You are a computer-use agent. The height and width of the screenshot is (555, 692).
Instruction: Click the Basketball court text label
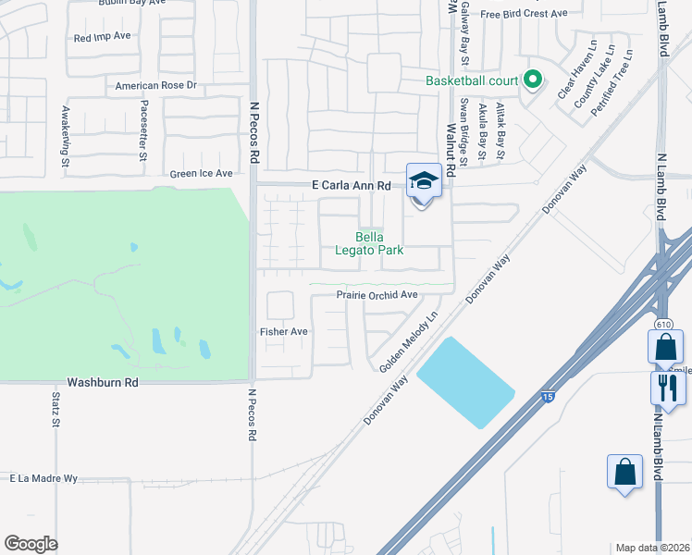click(x=471, y=80)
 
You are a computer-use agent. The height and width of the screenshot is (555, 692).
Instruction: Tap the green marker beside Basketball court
click(x=532, y=80)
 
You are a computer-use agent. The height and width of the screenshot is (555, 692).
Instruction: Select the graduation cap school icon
click(x=424, y=180)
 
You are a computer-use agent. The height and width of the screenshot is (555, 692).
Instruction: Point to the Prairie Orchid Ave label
click(x=377, y=295)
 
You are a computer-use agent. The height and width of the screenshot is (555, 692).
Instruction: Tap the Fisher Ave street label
click(x=284, y=331)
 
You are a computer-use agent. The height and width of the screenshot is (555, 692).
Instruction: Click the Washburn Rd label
click(x=103, y=381)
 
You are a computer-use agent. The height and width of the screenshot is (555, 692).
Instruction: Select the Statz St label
click(x=55, y=411)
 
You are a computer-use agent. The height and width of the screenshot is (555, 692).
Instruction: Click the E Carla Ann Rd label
click(x=351, y=185)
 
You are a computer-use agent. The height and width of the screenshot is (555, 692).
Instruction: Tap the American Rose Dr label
click(x=156, y=86)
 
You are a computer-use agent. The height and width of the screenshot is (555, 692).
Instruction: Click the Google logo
click(x=31, y=544)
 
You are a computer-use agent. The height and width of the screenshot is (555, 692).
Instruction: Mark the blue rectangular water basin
click(x=465, y=382)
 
